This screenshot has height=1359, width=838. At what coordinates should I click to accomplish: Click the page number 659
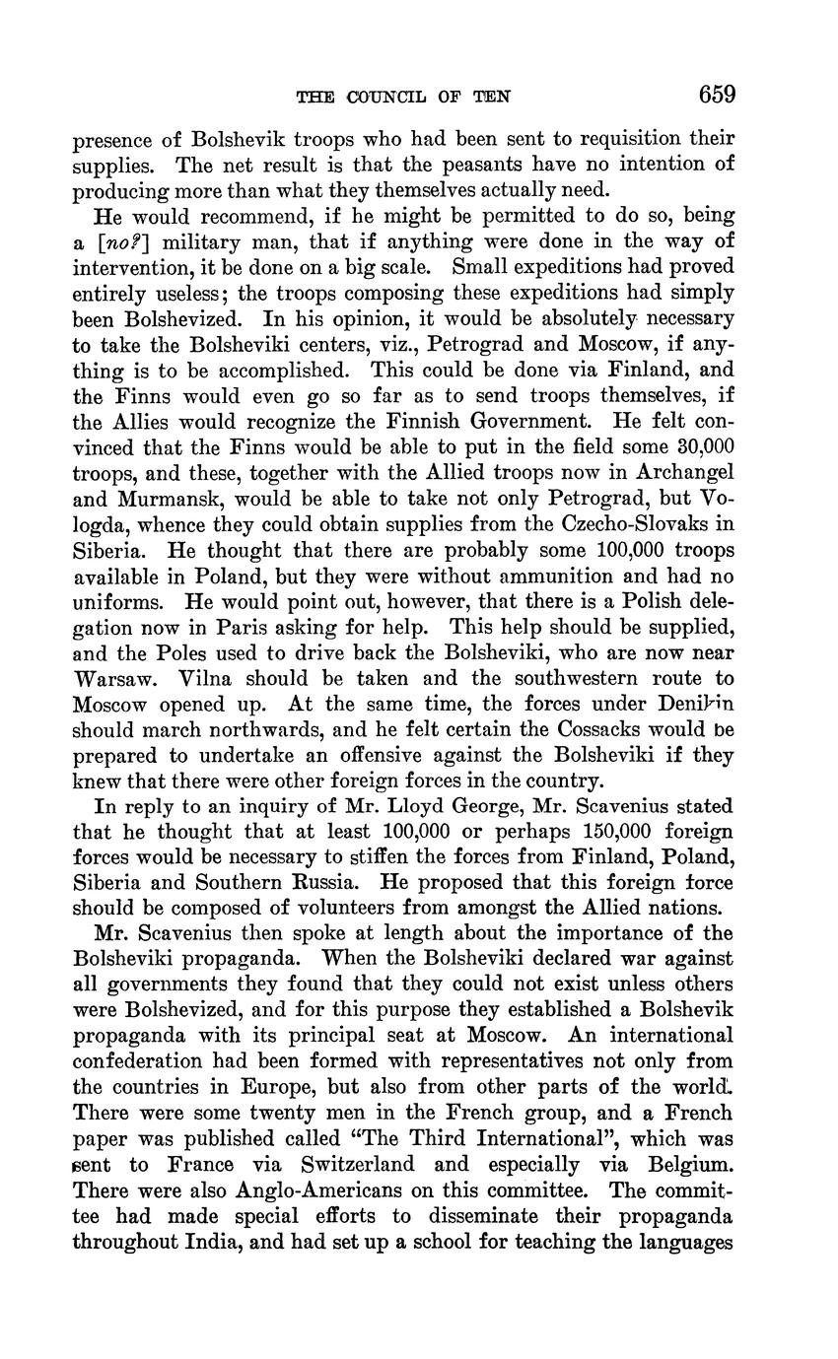click(717, 95)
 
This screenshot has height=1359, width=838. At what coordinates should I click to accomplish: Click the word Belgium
click(687, 1164)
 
